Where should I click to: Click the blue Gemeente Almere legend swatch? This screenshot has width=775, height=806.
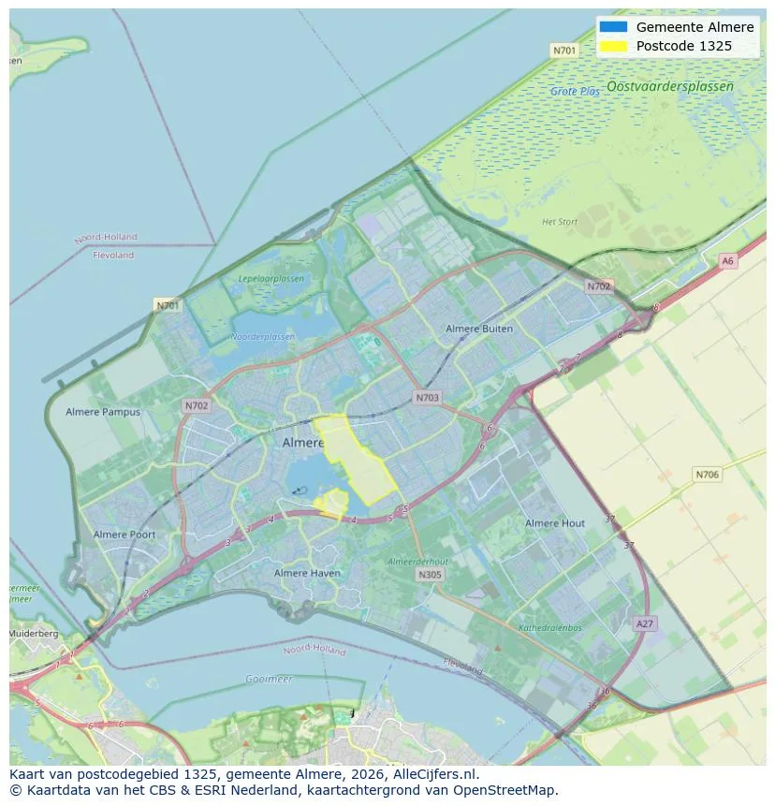613,27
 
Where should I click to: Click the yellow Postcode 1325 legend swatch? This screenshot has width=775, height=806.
613,46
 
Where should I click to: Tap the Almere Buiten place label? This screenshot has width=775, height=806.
479,329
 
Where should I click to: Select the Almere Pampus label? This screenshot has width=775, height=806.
103,412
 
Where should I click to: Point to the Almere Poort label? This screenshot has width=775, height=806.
124,535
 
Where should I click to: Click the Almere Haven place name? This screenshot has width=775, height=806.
307,573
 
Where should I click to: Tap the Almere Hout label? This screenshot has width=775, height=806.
555,523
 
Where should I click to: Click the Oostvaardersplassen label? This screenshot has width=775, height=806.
669,86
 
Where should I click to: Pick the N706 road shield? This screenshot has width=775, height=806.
708,475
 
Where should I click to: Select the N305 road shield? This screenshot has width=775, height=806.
430,575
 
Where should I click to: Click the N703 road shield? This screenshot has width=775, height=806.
427,398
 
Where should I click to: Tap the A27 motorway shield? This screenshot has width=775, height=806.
645,623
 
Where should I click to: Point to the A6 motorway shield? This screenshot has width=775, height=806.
727,261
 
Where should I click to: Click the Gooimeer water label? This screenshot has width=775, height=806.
268,679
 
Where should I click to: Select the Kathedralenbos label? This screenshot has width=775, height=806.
550,627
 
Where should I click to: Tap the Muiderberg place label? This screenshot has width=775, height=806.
34,634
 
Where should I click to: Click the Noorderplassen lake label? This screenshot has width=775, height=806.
263,337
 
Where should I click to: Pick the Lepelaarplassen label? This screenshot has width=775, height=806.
271,279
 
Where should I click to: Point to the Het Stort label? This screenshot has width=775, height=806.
560,222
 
